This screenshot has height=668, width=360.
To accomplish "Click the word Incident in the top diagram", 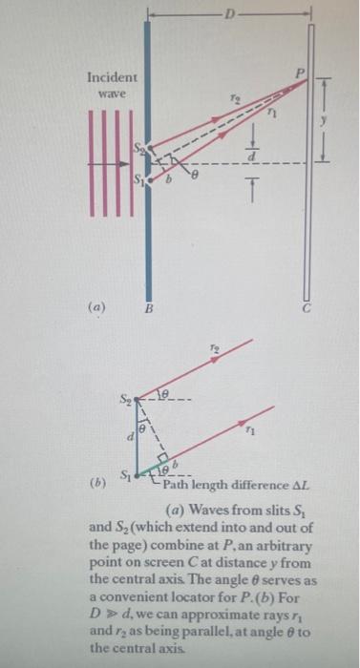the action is point(112,76).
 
